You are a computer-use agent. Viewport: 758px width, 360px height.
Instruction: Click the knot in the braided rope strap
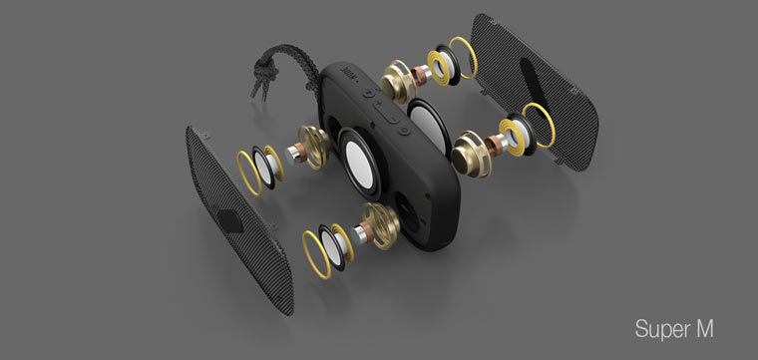(x=265, y=74)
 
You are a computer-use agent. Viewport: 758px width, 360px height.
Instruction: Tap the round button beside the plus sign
(x=369, y=93)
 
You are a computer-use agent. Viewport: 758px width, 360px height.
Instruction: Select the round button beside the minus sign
(x=404, y=130)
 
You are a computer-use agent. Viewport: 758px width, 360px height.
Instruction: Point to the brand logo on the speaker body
(x=348, y=72)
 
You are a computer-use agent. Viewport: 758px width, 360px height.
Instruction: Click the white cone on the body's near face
(x=360, y=165)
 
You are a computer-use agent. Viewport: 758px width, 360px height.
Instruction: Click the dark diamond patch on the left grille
(x=229, y=220)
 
